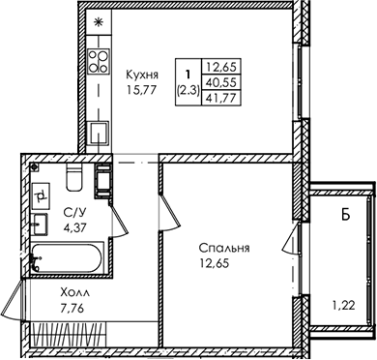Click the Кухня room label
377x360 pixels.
tap(142, 75)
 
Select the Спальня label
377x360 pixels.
tap(224, 249)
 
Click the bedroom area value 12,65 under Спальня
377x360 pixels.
tap(215, 263)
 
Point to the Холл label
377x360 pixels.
tap(75, 293)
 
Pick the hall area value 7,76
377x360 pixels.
tap(72, 309)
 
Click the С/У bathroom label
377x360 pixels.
tap(74, 213)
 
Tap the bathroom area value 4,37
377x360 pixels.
tap(75, 228)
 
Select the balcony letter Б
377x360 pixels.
tap(345, 215)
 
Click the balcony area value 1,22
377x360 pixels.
tap(343, 305)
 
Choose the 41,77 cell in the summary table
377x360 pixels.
tap(221, 98)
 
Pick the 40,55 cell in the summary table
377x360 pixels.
tap(221, 82)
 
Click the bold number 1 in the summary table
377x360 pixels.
tap(188, 75)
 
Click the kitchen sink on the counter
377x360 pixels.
tap(99, 133)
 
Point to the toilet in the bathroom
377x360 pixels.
tap(74, 177)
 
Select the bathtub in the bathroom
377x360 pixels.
tap(68, 258)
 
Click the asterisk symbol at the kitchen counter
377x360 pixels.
tap(98, 22)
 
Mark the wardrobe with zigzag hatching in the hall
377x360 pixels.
tap(68, 335)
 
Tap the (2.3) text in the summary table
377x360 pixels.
tap(188, 91)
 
